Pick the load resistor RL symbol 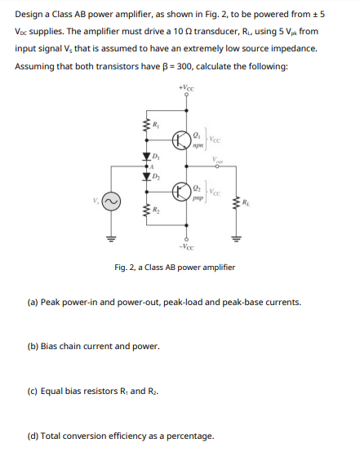[236, 201]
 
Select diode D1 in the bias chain [148, 157]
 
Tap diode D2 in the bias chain [148, 175]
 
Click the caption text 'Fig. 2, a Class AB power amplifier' [175, 267]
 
